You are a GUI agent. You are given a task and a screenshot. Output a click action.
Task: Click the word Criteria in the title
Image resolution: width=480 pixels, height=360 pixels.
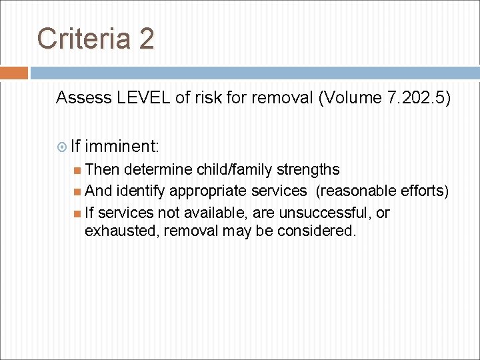tap(84, 39)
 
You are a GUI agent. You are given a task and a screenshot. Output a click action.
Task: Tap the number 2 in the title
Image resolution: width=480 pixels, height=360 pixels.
tap(147, 39)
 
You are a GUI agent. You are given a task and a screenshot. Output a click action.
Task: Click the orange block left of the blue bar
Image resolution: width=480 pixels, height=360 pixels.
tap(14, 73)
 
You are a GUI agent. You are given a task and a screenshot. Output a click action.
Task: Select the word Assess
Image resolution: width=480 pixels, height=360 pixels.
tap(83, 98)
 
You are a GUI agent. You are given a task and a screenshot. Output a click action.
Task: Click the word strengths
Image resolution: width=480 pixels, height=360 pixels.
tap(306, 169)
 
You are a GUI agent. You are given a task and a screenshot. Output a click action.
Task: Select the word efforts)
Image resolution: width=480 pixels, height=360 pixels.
tap(425, 191)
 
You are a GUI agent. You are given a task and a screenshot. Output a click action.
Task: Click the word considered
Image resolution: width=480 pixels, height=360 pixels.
tap(322, 231)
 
